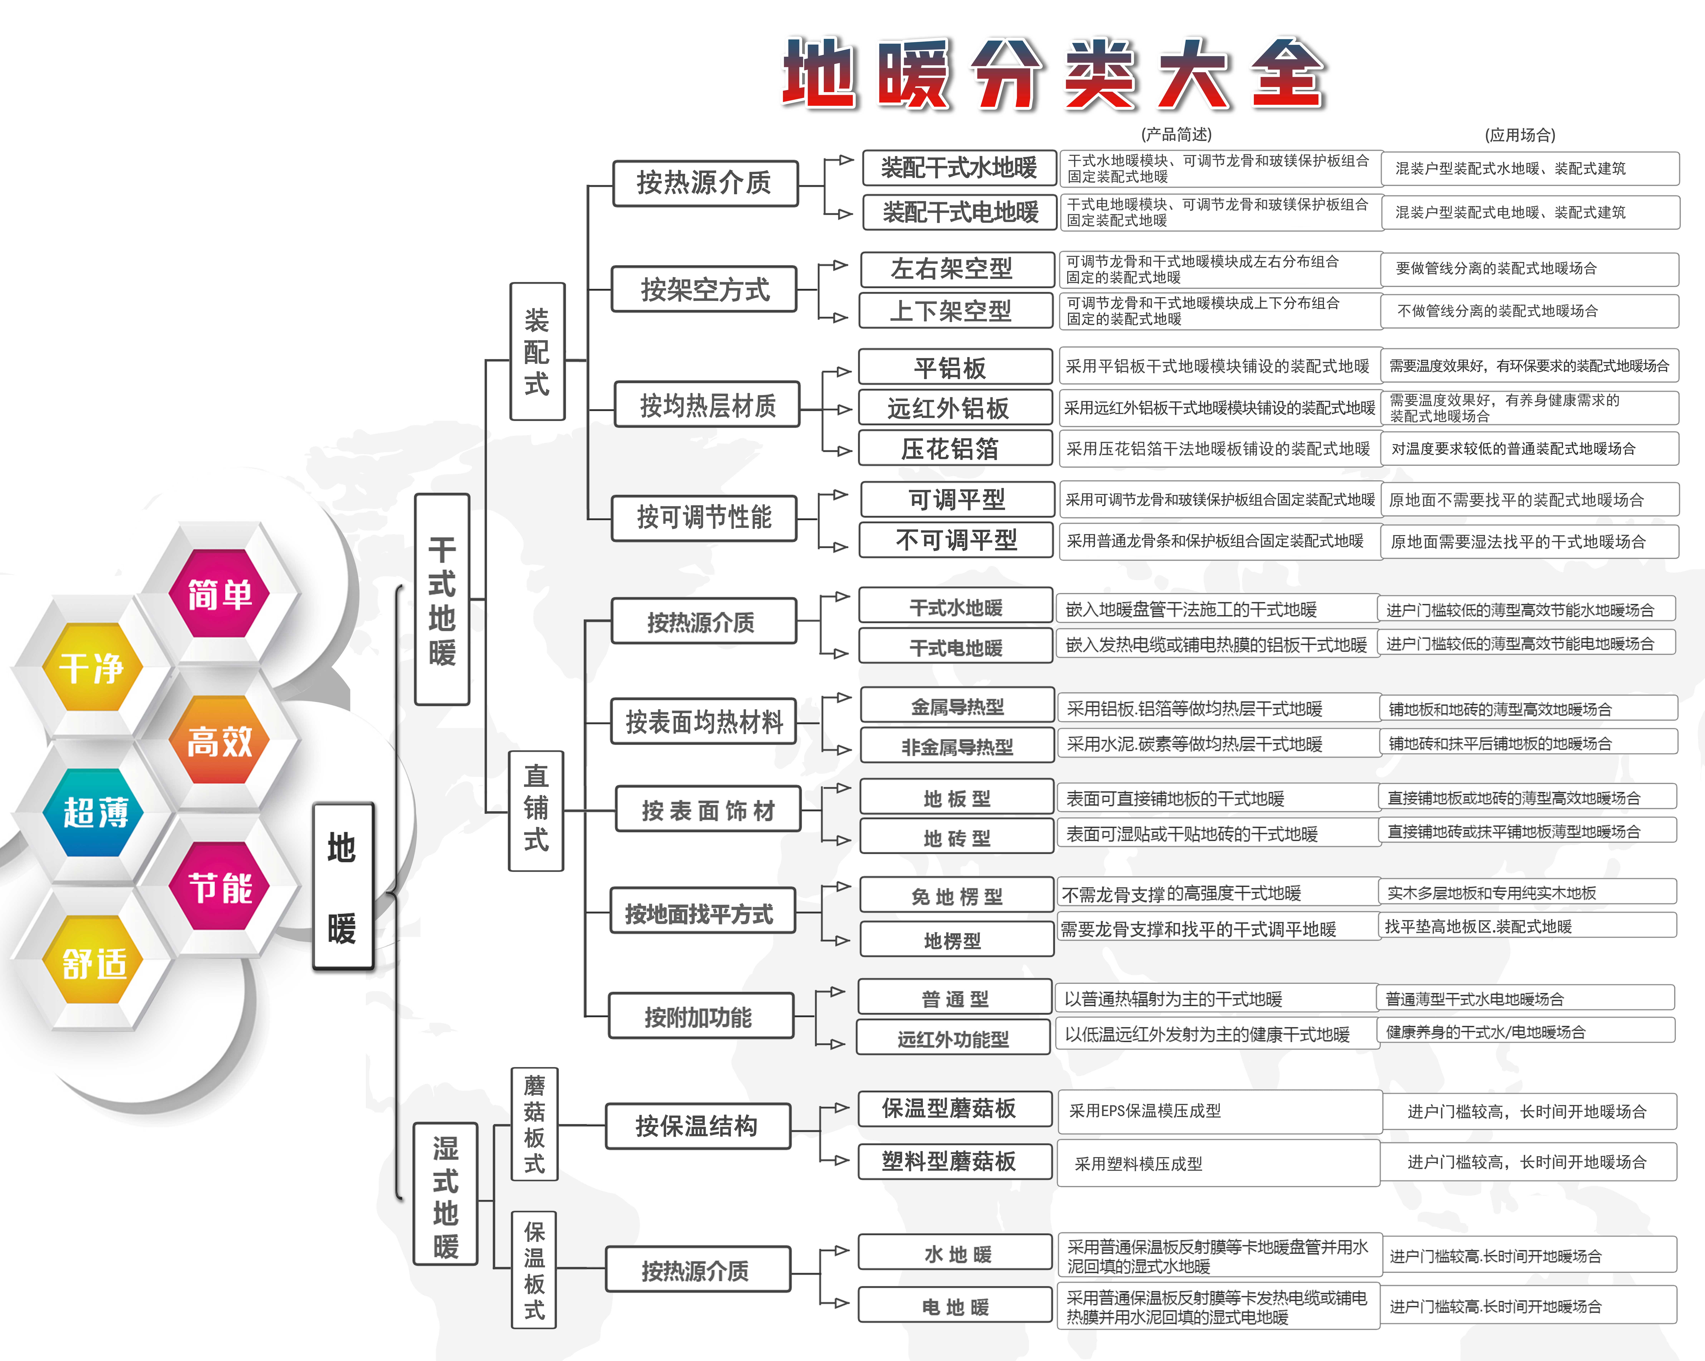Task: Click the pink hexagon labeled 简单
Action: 219,593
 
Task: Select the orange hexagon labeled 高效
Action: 219,740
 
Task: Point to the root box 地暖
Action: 342,886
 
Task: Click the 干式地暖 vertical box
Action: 442,599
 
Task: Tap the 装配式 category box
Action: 537,351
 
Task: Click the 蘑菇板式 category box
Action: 535,1124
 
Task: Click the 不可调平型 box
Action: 957,540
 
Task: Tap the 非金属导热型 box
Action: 957,746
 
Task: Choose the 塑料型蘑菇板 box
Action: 955,1161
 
